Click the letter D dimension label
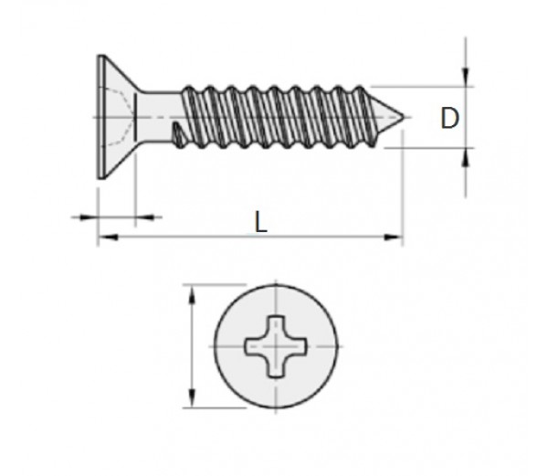click(x=449, y=119)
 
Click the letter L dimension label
click(x=260, y=223)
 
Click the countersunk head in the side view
click(x=110, y=117)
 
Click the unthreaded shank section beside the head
click(x=160, y=117)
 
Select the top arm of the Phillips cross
click(x=276, y=325)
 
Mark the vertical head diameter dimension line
click(x=193, y=347)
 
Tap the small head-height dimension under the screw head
click(x=116, y=217)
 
